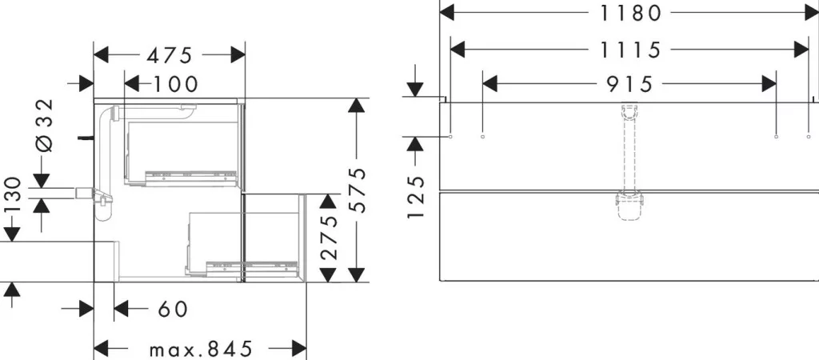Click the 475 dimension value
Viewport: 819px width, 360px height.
tap(170, 55)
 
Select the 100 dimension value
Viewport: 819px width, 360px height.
tap(176, 83)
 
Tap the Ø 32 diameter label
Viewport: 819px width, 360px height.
tap(45, 126)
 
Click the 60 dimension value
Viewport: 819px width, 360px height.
tap(172, 309)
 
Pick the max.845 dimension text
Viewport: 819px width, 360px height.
tap(201, 349)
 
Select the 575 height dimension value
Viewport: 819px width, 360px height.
tap(357, 190)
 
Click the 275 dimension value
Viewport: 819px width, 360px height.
tap(329, 238)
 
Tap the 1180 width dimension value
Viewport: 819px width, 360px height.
tap(629, 13)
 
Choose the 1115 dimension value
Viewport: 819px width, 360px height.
tap(629, 50)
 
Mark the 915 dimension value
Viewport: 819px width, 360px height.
tap(629, 83)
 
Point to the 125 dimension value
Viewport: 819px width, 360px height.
tap(415, 198)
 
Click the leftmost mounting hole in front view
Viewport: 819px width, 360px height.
tap(451, 137)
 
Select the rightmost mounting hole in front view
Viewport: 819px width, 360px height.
tap(809, 137)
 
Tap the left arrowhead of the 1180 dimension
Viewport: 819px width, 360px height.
tap(446, 13)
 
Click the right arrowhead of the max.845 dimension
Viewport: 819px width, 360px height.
tap(299, 349)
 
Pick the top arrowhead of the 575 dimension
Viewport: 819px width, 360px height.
tap(356, 105)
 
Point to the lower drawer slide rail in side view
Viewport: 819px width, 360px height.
tap(253, 266)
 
